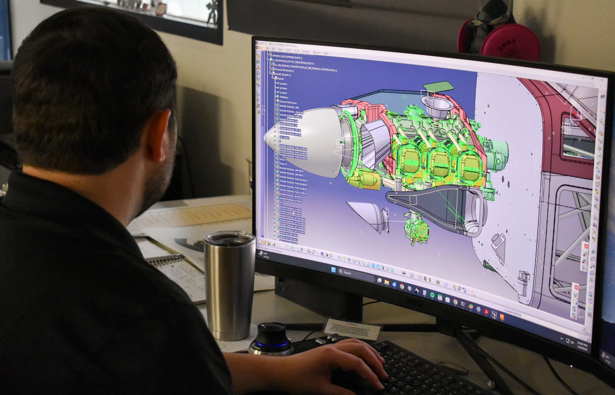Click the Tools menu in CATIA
(x=296, y=51)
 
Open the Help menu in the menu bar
(x=326, y=53)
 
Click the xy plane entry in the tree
(x=283, y=84)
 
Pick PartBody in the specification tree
(x=283, y=97)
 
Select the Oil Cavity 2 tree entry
(x=284, y=137)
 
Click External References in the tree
(x=288, y=102)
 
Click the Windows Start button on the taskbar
(x=333, y=269)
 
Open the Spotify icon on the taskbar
(x=432, y=294)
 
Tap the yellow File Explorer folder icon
(x=386, y=283)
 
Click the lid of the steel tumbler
(x=230, y=237)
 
